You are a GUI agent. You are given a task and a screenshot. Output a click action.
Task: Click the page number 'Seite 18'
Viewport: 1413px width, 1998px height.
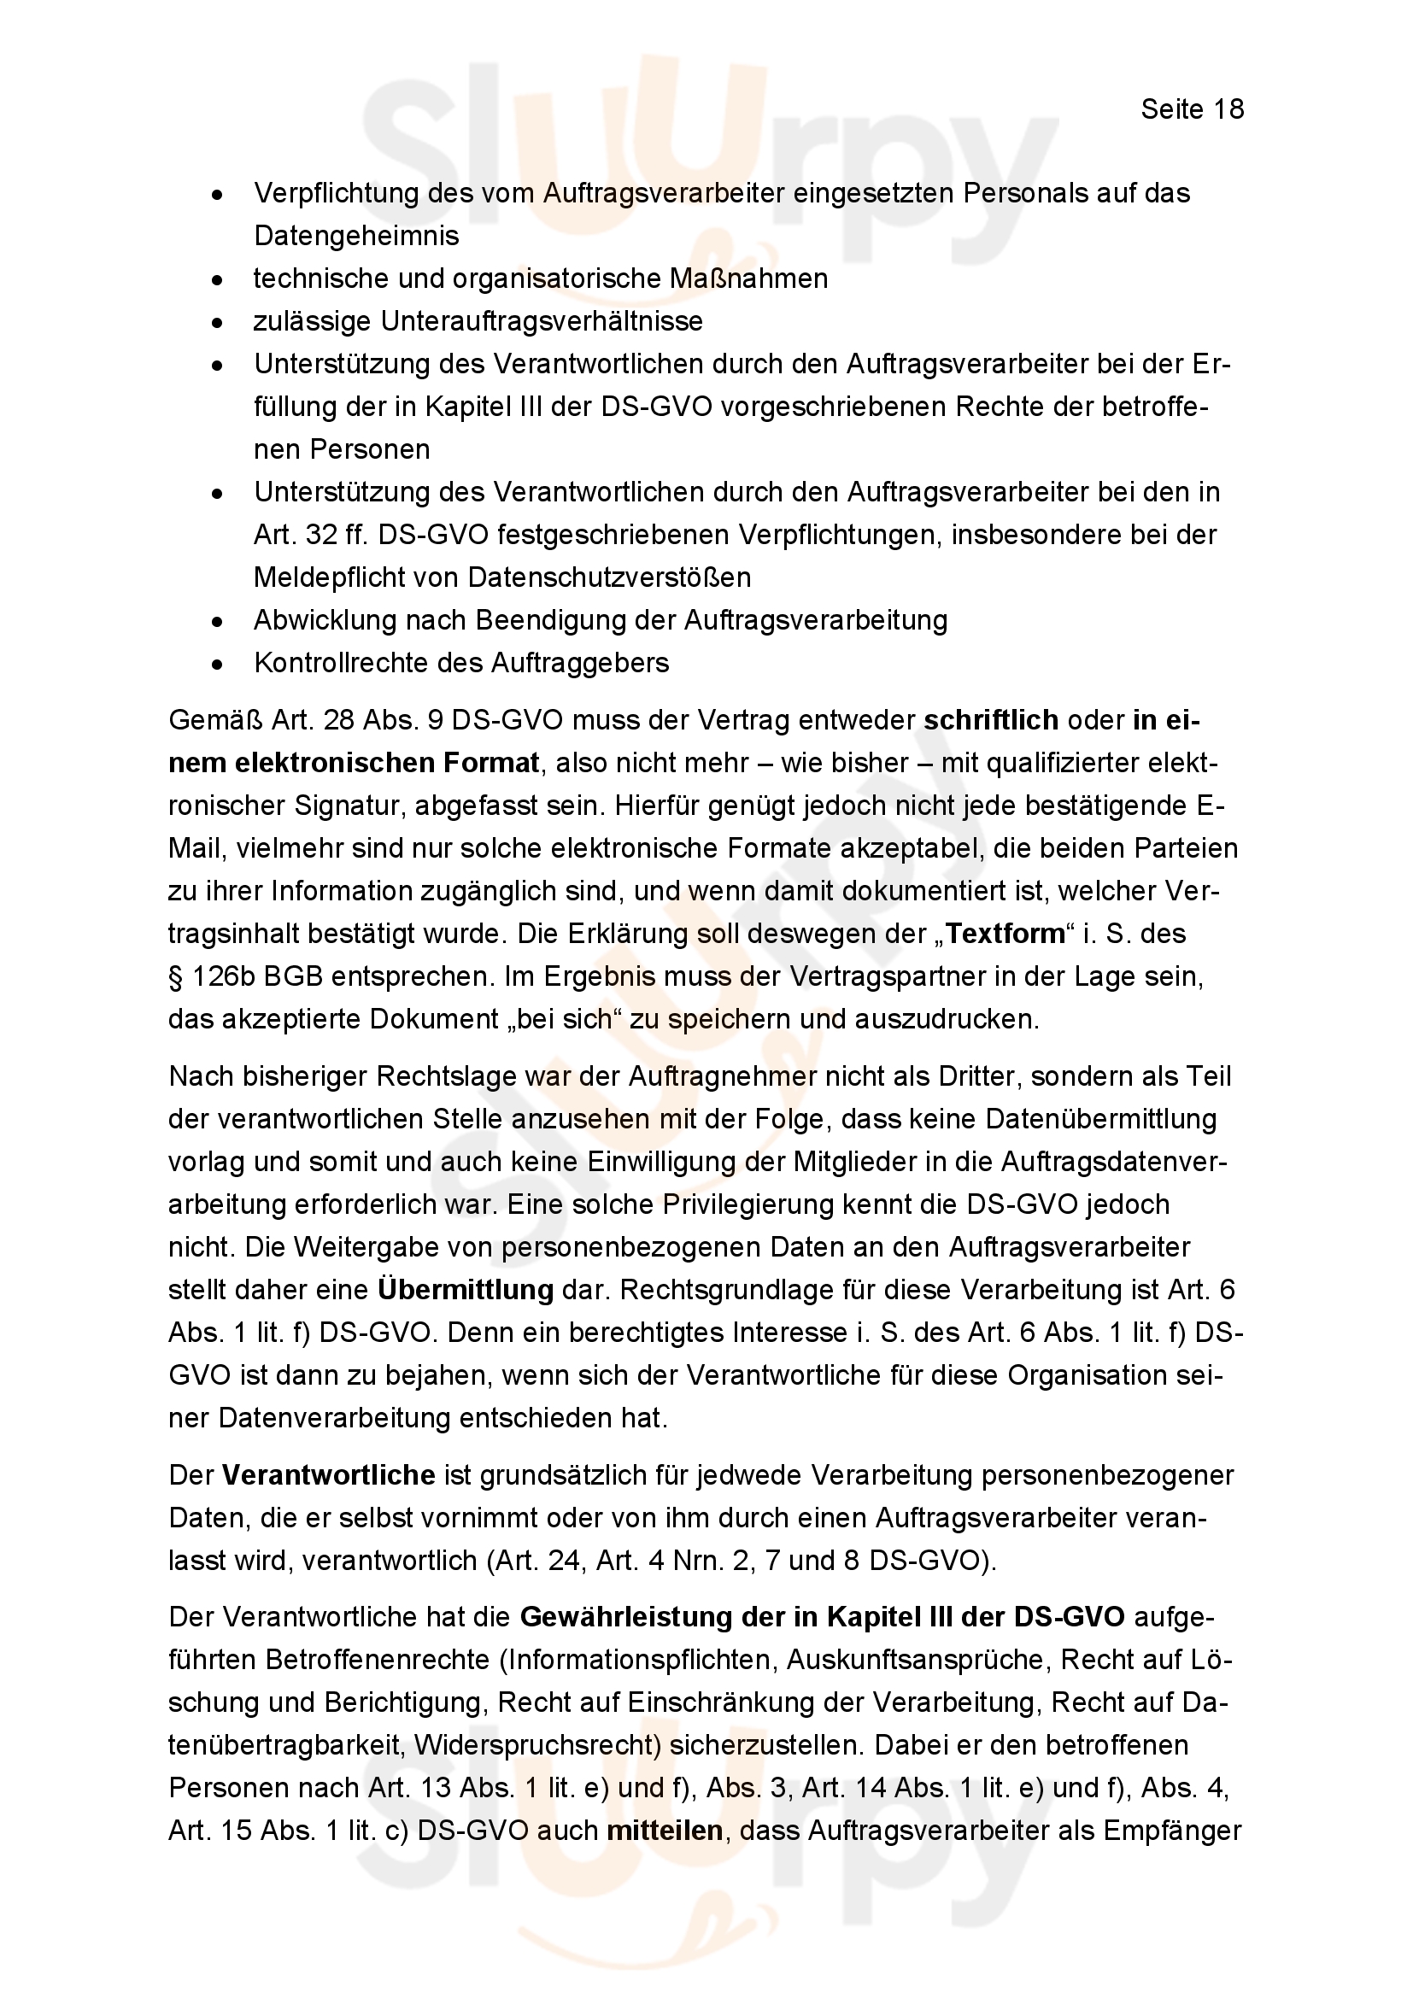tap(1192, 108)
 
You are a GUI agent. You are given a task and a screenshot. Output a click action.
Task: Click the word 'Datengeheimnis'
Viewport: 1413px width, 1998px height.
tap(357, 236)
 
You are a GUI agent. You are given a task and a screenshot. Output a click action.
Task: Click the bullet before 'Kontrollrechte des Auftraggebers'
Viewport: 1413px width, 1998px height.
tap(218, 665)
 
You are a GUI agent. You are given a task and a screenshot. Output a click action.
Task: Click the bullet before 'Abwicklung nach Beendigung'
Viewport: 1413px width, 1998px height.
tap(218, 622)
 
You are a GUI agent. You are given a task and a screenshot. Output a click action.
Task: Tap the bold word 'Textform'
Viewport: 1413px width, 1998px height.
tap(1005, 934)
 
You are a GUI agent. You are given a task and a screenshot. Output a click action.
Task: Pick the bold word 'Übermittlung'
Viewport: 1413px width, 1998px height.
tap(466, 1290)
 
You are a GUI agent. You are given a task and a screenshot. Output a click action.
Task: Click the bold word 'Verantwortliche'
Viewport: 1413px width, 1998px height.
tap(329, 1475)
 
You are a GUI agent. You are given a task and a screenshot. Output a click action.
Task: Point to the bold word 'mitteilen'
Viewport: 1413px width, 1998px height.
tap(665, 1831)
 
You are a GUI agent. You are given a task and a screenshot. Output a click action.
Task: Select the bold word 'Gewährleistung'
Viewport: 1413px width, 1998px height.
tap(624, 1617)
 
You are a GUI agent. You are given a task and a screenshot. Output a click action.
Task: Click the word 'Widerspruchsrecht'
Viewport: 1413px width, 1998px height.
tap(536, 1746)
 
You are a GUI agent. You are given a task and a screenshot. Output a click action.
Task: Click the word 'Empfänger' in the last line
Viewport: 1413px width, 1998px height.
tap(1172, 1831)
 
